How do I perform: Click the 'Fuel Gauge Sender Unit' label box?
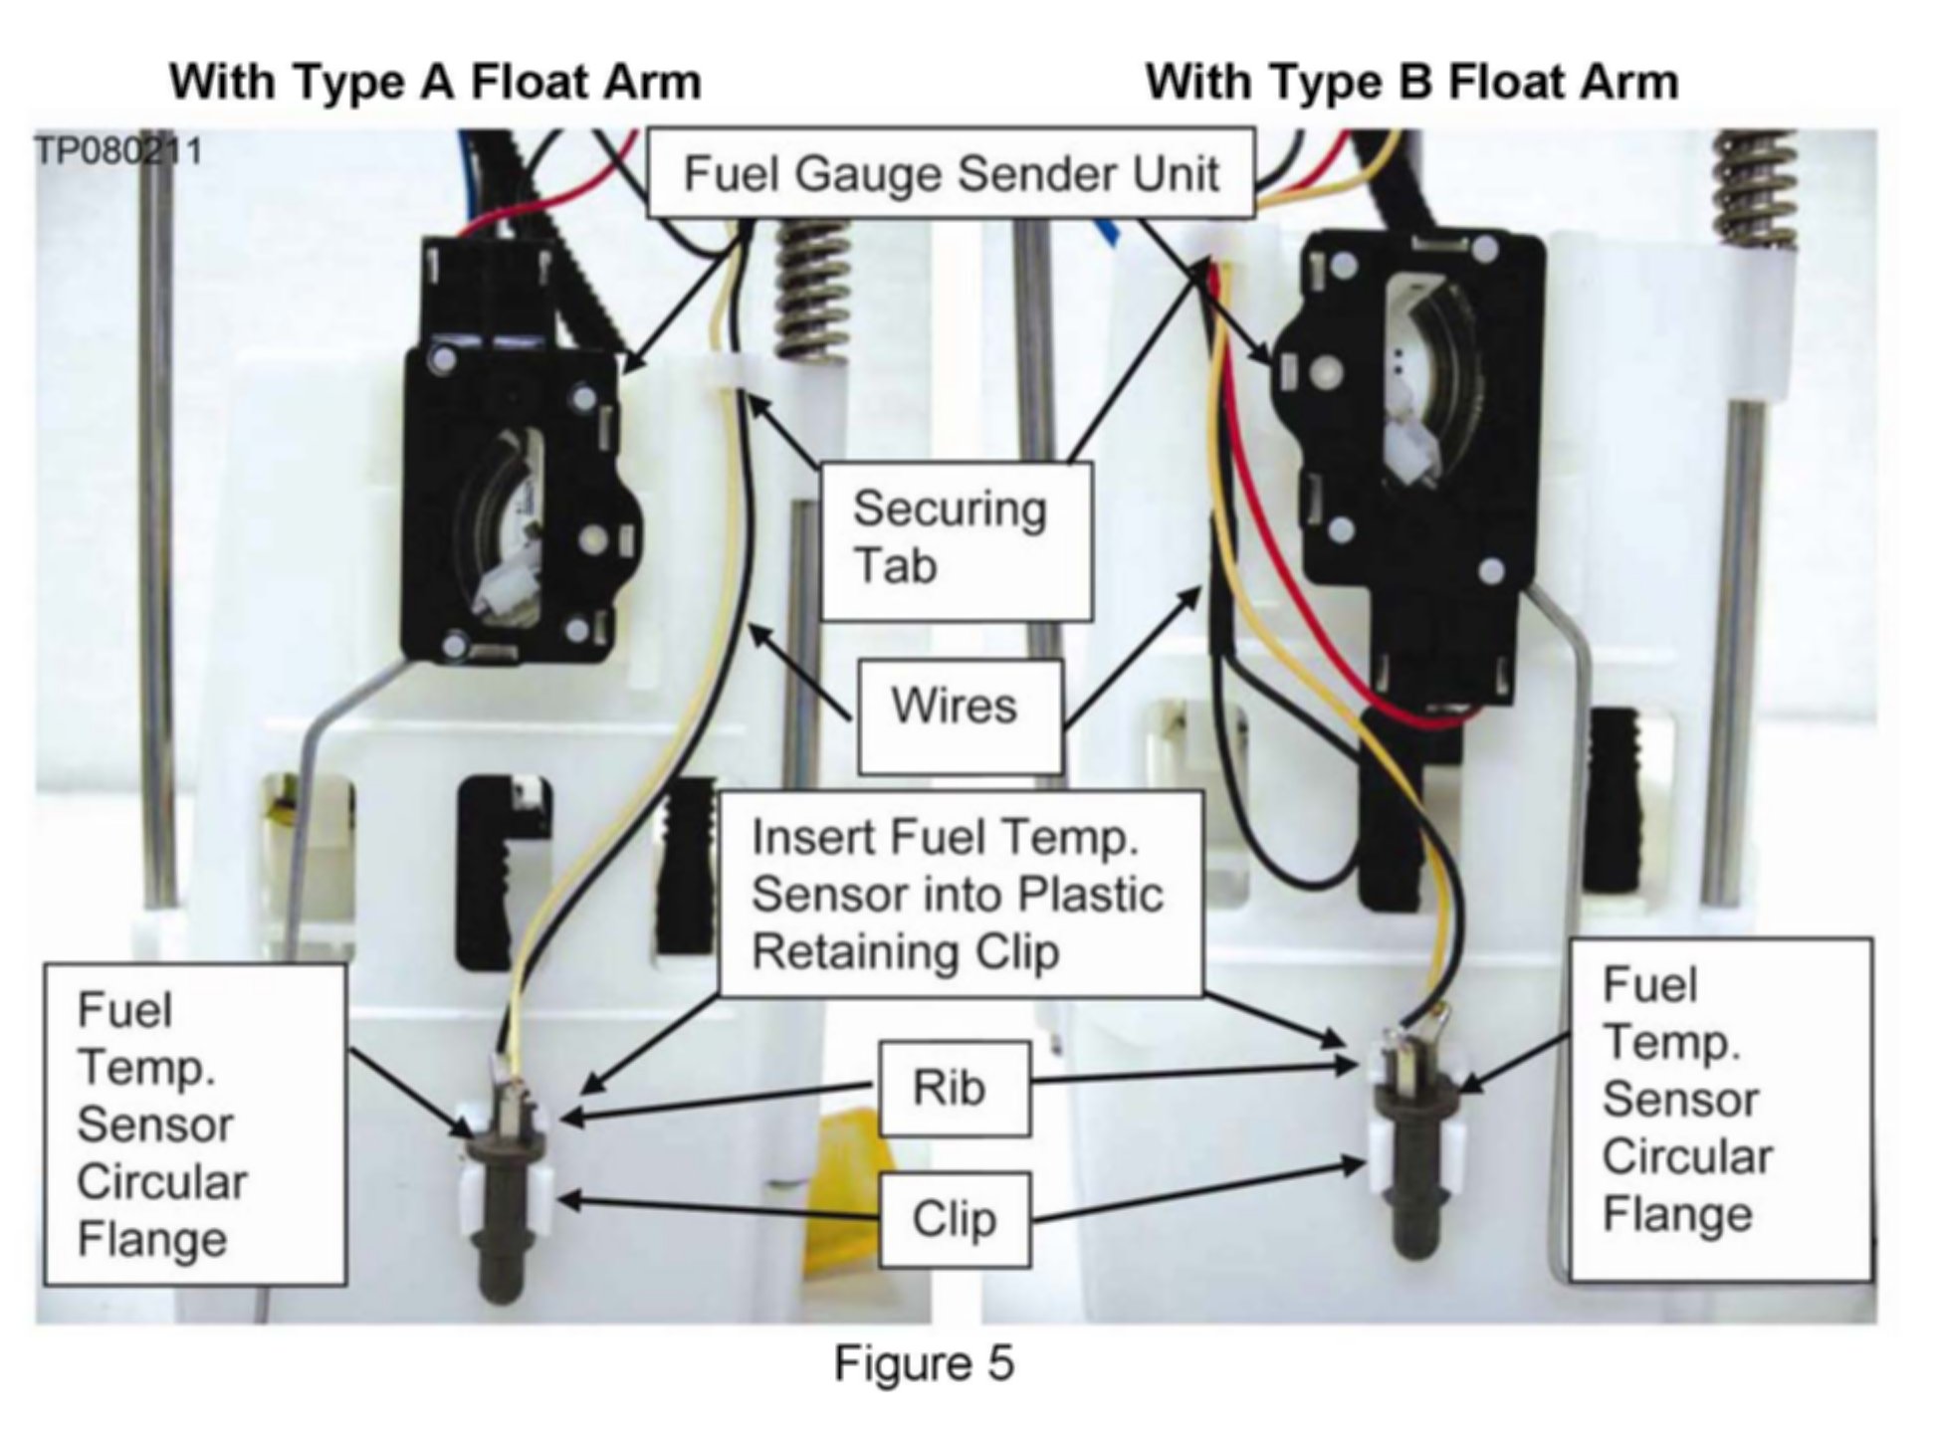(951, 173)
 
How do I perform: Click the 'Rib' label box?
(954, 1088)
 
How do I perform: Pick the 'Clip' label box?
(954, 1218)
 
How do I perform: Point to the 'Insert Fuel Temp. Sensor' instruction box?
(959, 894)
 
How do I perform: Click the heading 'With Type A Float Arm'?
(435, 82)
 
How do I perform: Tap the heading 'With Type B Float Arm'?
(1411, 82)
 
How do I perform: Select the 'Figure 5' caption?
(924, 1362)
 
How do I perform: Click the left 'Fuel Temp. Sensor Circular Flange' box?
(195, 1125)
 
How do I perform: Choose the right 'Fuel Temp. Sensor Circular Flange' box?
(1720, 1109)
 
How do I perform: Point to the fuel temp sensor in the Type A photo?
(503, 1204)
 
